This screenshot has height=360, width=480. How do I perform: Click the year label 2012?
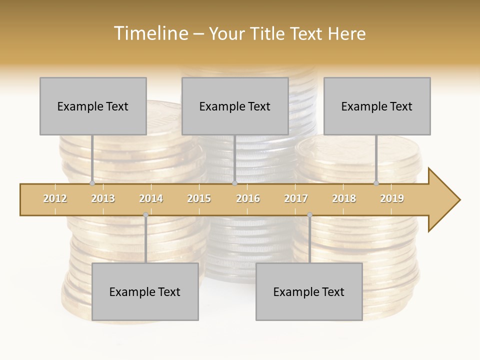click(x=55, y=198)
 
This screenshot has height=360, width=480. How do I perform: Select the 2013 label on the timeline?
click(x=103, y=198)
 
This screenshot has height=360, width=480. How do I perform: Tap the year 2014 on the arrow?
click(x=151, y=198)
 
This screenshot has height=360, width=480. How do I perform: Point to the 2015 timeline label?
click(x=199, y=198)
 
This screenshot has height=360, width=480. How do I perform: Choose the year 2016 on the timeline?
click(x=248, y=198)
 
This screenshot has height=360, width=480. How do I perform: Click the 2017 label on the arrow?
click(x=296, y=198)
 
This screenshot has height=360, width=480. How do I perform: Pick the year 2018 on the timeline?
click(x=344, y=198)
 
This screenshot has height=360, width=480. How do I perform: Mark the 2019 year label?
click(x=392, y=198)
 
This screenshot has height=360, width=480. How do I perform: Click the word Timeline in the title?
click(x=150, y=33)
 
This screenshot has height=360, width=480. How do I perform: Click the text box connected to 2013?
click(x=93, y=106)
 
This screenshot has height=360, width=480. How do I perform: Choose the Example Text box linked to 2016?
click(x=235, y=106)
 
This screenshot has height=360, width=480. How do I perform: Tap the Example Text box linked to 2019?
click(x=377, y=106)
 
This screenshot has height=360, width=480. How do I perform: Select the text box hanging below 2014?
click(x=145, y=292)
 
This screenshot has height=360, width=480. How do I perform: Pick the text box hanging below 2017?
click(x=309, y=292)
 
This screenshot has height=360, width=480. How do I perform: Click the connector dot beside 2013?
click(x=92, y=183)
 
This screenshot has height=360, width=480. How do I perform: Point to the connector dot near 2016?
click(x=234, y=183)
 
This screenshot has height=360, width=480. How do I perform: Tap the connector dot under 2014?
click(x=145, y=214)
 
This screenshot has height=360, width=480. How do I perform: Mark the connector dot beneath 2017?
click(x=309, y=214)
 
